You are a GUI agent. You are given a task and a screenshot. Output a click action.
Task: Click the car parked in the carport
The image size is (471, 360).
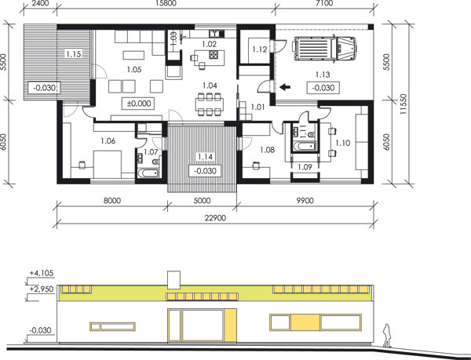pyautogui.click(x=324, y=48)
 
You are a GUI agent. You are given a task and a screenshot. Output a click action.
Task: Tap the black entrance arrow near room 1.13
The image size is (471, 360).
pyautogui.click(x=285, y=87)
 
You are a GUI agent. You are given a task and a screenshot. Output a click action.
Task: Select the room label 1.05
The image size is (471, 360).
pyautogui.click(x=134, y=70)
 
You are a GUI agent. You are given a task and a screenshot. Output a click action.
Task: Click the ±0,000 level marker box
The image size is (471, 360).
pyautogui.click(x=138, y=104)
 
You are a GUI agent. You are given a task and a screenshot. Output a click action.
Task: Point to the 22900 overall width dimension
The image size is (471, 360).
pyautogui.click(x=215, y=218)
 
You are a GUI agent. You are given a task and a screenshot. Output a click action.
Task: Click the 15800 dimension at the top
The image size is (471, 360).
pyautogui.click(x=166, y=3)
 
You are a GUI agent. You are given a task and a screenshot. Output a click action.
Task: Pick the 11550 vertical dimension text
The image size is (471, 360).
pyautogui.click(x=403, y=104)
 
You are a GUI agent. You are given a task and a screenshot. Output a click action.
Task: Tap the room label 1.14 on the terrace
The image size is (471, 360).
pyautogui.click(x=205, y=157)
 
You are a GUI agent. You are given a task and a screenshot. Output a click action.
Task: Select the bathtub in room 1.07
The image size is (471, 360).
pyautogui.click(x=148, y=173)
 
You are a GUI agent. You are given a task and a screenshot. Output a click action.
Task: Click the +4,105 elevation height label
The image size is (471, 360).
pyautogui.click(x=42, y=273)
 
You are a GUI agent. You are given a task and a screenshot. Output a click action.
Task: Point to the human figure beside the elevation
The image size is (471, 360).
pyautogui.click(x=386, y=336)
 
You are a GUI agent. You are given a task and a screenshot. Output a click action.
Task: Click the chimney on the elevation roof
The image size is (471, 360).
pyautogui.click(x=173, y=280)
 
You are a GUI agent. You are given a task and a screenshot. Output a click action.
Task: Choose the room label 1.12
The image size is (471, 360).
pyautogui.click(x=260, y=49)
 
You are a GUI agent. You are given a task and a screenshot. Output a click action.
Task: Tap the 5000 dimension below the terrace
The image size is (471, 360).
pyautogui.click(x=202, y=201)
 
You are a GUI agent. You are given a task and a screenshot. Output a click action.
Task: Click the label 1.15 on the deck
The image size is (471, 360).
pyautogui.click(x=74, y=54)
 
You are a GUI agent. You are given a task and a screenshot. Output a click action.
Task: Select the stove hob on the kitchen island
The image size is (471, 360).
pyautogui.click(x=214, y=54)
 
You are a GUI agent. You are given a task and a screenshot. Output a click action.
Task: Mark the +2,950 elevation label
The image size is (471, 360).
pyautogui.click(x=42, y=289)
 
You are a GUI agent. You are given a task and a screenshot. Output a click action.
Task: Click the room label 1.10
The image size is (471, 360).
pyautogui.click(x=343, y=143)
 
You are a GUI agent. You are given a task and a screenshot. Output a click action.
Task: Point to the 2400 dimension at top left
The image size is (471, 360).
pyautogui.click(x=38, y=3)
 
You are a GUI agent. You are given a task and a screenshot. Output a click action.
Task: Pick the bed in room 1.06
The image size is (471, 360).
pyautogui.click(x=108, y=165)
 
